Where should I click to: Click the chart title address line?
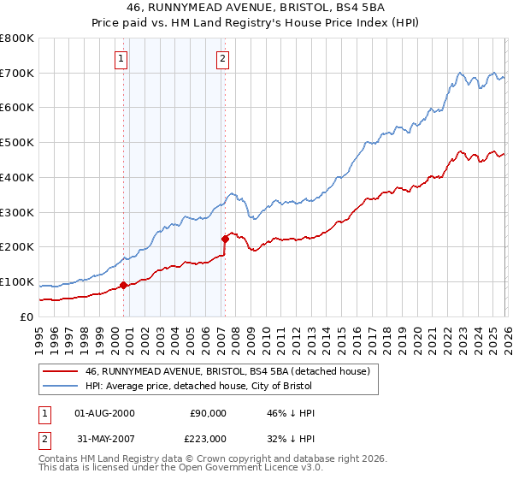[x=256, y=9]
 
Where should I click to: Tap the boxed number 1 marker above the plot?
[x=121, y=59]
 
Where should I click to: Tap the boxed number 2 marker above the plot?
[x=222, y=59]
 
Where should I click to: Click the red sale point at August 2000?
[x=123, y=285]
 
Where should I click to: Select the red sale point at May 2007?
[x=225, y=239]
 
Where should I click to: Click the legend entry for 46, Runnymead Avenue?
[x=227, y=371]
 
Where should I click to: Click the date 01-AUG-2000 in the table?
[x=104, y=413]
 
